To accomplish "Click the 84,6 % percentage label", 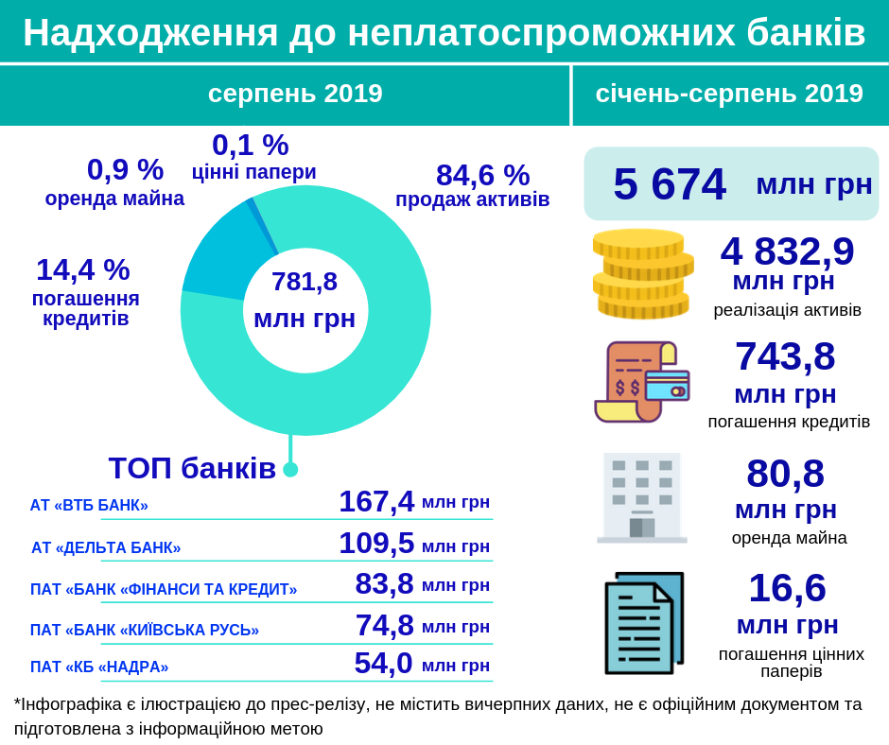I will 482,175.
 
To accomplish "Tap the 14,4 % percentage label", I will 82,269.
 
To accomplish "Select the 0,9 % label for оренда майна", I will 125,169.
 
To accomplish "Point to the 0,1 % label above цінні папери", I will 250,145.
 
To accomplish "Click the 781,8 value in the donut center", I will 305,282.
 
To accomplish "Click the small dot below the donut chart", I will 290,469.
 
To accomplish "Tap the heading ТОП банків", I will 192,468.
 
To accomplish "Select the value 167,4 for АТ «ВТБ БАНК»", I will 376,501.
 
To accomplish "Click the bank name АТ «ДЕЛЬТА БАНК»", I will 106,547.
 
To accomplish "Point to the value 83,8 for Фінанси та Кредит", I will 384,583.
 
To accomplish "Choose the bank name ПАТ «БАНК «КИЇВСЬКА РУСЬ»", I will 145,630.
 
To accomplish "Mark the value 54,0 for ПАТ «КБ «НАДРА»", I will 383,663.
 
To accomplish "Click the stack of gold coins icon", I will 642,274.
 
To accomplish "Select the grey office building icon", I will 642,497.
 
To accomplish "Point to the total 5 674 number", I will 670,183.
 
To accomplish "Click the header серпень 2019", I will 295,94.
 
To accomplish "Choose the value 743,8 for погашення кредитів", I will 785,356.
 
